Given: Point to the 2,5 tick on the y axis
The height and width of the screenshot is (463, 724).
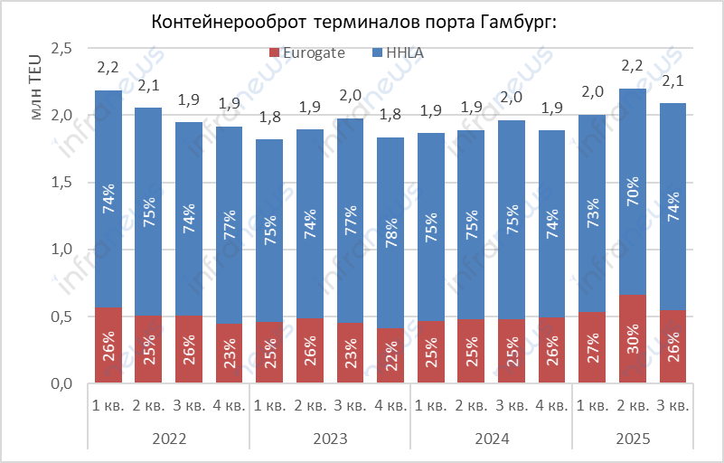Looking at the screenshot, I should (61, 49).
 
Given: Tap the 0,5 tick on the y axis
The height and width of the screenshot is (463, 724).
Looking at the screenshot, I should (61, 317).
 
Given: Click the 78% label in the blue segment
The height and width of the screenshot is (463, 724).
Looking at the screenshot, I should (390, 231).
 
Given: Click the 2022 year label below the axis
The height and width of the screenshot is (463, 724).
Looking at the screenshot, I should (169, 438).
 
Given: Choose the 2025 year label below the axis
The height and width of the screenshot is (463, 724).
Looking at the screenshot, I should (633, 438).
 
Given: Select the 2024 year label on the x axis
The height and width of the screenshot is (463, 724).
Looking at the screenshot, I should (491, 438).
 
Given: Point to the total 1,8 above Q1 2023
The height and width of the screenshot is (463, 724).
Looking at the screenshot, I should (270, 118).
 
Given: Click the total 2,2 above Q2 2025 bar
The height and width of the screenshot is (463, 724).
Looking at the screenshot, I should (633, 66).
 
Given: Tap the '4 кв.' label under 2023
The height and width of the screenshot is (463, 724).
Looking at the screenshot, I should (390, 404).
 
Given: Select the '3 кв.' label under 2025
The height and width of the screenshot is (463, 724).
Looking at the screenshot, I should (672, 404).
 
